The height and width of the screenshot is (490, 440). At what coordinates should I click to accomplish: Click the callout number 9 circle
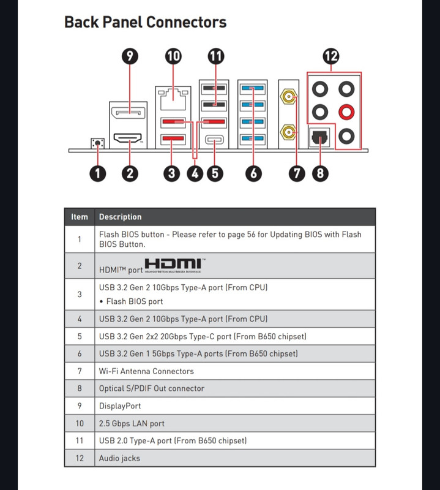point(129,56)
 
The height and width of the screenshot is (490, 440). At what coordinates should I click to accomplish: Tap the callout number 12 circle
point(331,56)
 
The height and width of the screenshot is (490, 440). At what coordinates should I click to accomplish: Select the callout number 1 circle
point(97,173)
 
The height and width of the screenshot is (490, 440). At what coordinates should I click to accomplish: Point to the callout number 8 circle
point(319,173)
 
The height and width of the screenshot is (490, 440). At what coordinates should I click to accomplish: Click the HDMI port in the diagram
point(129,138)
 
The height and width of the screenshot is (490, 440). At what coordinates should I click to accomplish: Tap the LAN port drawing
point(173,95)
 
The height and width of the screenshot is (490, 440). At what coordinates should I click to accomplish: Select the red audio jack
point(347,112)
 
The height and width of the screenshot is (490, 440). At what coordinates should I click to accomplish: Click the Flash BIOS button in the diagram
point(97,143)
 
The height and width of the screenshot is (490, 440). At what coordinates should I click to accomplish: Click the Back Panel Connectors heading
point(145,23)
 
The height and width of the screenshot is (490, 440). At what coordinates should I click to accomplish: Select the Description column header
point(120,217)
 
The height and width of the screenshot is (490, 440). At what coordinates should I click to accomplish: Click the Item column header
point(80,217)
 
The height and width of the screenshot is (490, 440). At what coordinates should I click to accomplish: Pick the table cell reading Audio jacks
point(119,458)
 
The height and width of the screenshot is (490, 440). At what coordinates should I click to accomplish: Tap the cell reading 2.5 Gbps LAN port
point(132,423)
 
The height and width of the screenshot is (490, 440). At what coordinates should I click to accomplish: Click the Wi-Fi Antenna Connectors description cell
point(146,371)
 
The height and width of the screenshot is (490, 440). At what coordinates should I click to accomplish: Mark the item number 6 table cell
point(80,353)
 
